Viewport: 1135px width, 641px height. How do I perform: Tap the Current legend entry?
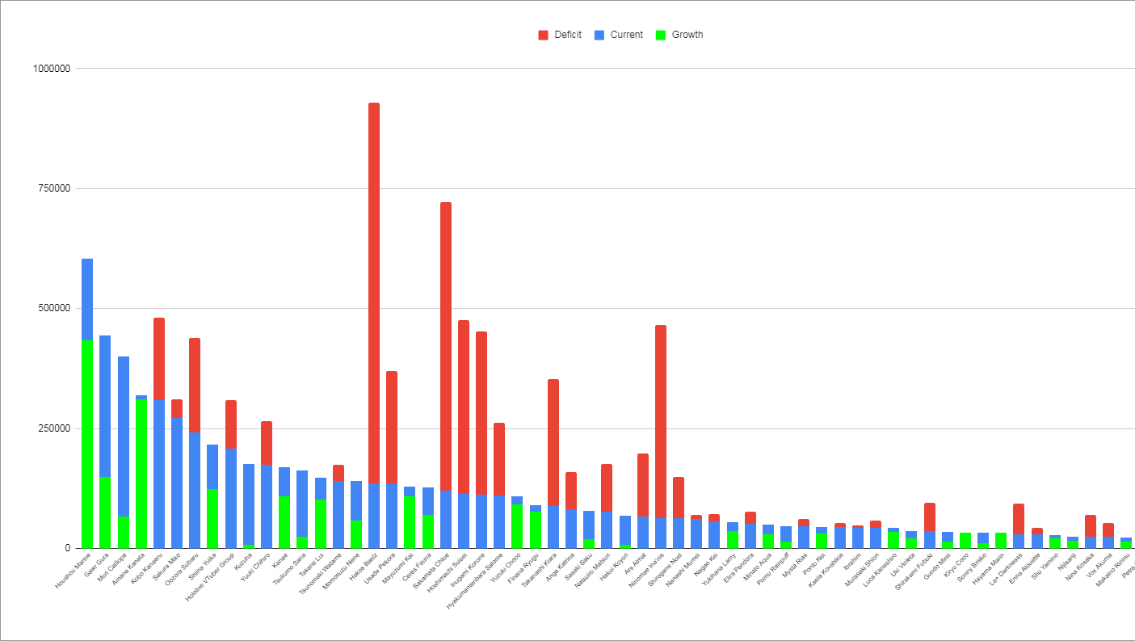click(618, 35)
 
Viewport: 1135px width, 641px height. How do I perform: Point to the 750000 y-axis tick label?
click(50, 188)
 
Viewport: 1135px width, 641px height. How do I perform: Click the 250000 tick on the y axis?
click(50, 428)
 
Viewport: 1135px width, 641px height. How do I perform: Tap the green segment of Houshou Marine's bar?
click(87, 445)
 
